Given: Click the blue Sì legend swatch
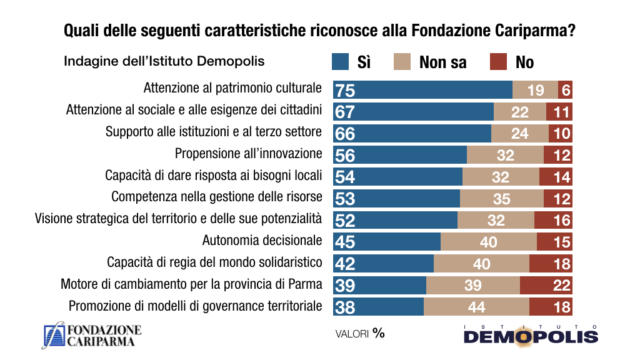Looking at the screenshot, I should (x=340, y=61).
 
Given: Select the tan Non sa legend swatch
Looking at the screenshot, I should (x=402, y=61).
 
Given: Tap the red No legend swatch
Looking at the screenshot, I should (x=497, y=61).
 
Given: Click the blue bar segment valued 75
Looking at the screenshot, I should (x=422, y=90).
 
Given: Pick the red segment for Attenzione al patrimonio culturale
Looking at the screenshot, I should (x=566, y=90).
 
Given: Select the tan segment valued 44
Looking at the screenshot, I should (x=476, y=307).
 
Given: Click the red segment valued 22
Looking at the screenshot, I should (x=546, y=285).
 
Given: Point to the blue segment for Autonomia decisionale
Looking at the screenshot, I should (x=387, y=241).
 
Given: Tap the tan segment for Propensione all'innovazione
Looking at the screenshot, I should (x=505, y=155).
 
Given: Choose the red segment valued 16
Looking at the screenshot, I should (x=553, y=220).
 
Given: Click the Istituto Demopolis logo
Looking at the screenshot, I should (x=531, y=335).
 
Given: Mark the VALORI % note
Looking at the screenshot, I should (x=360, y=333).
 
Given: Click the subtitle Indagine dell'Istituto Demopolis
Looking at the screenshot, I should (x=164, y=61).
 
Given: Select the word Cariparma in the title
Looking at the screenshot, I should (x=529, y=29).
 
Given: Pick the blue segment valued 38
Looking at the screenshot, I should (x=378, y=307).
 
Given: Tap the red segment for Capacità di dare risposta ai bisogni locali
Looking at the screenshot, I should (x=556, y=177).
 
